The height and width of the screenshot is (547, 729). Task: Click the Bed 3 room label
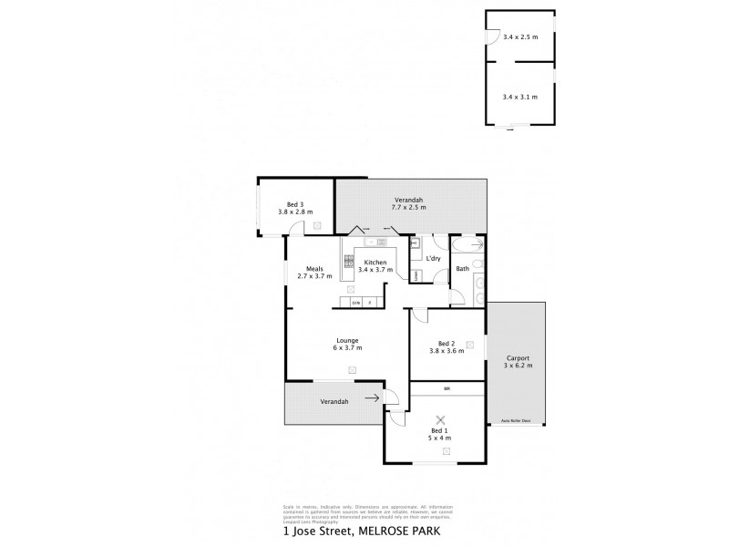click(x=293, y=203)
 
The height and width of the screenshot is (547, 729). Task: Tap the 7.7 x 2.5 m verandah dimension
click(x=408, y=208)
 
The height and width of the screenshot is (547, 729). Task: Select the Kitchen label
click(x=375, y=261)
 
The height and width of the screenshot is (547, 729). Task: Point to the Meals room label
click(x=316, y=268)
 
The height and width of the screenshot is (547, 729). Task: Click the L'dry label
click(x=434, y=258)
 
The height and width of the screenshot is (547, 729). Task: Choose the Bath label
click(x=462, y=268)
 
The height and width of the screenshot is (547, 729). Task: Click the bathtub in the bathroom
click(x=467, y=245)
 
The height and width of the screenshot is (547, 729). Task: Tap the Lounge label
click(x=347, y=339)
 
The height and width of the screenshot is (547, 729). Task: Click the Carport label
click(x=519, y=357)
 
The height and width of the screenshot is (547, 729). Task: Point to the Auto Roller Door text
click(x=516, y=420)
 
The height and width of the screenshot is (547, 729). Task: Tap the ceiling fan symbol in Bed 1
click(x=441, y=418)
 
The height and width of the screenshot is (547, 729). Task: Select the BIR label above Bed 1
click(x=447, y=389)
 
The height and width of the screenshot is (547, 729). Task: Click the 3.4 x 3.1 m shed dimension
click(x=519, y=96)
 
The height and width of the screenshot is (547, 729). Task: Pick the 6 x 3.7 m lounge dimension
click(x=347, y=347)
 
